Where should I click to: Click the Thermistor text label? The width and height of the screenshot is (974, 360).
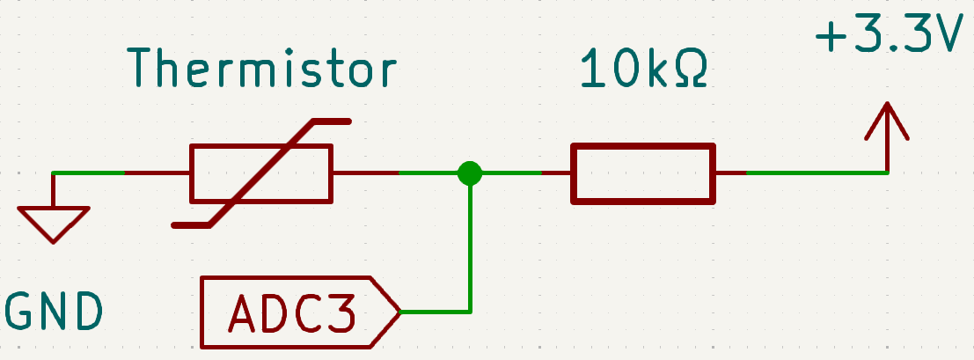point(261,67)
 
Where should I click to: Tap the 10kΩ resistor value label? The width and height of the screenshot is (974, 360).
point(643,67)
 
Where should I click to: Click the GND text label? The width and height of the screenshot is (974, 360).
point(54,311)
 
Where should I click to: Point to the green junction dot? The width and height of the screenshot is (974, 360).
point(470,173)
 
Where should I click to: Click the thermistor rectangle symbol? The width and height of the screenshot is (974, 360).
point(261,173)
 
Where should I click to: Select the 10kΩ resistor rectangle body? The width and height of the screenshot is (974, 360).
point(643,173)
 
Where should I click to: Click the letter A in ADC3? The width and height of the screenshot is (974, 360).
point(242,312)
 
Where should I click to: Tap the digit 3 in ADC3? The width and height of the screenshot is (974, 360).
point(341,312)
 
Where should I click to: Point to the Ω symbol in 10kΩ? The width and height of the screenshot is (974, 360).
point(692,67)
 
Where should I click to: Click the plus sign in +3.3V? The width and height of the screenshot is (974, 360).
point(831,37)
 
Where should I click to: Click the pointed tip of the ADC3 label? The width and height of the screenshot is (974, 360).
point(400,312)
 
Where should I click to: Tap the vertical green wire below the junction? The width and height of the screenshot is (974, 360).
point(470,249)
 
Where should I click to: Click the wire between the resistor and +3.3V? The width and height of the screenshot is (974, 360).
point(802,173)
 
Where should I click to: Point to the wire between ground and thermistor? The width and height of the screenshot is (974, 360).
point(121,173)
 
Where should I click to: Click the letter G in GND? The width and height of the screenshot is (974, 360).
point(18,311)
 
